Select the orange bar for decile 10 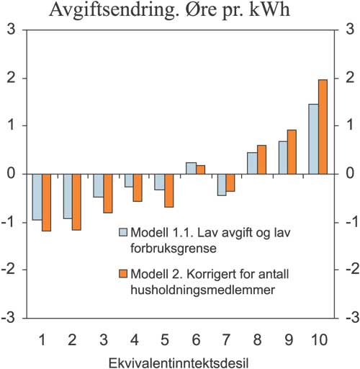[323, 127]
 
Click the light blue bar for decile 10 [313, 139]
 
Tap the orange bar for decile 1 [47, 202]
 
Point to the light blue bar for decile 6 [191, 168]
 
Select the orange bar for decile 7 [231, 182]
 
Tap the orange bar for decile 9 [292, 151]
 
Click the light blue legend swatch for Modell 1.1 [122, 232]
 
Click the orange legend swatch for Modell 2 [122, 274]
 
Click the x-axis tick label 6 [196, 337]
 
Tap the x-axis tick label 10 [319, 337]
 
